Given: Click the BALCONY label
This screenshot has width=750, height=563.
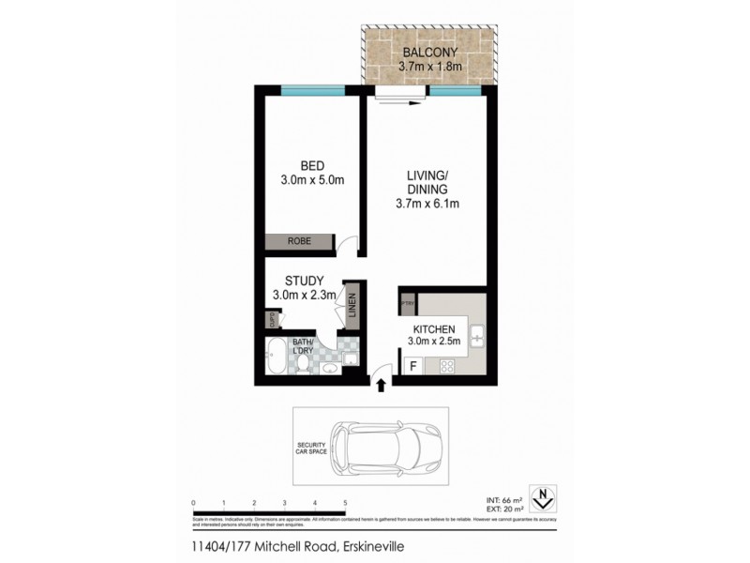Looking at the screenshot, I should coord(429,52).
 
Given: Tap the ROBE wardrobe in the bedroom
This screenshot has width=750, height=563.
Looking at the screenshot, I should coord(299,241).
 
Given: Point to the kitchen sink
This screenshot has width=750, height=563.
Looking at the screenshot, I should coord(475,335).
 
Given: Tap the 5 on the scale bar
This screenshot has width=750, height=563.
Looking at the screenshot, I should coord(346,503).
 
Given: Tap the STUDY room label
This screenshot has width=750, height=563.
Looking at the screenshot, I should coord(306,281).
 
